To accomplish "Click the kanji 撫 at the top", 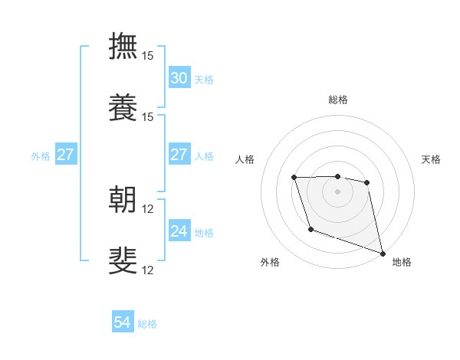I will (x=123, y=45).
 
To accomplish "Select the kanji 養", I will (x=123, y=107).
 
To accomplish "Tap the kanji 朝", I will (x=123, y=199).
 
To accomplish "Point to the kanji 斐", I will (x=123, y=260).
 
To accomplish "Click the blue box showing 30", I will (x=179, y=78).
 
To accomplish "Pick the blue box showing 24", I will (x=179, y=231).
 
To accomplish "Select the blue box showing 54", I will (x=123, y=323).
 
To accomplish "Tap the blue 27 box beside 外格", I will (x=65, y=155).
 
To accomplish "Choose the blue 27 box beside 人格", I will (x=179, y=155).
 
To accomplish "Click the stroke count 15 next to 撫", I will (x=148, y=56).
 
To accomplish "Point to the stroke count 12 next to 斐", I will (x=148, y=270).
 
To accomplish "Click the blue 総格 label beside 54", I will (x=147, y=324).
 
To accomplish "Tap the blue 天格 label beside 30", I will (x=204, y=79).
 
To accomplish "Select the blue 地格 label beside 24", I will (x=204, y=232).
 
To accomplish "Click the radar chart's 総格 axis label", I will (x=338, y=100).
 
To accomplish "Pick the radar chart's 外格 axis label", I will (x=270, y=262).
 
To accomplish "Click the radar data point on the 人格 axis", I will (x=294, y=178).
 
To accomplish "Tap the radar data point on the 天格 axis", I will (x=367, y=182).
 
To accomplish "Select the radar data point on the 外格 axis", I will (x=310, y=229).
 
